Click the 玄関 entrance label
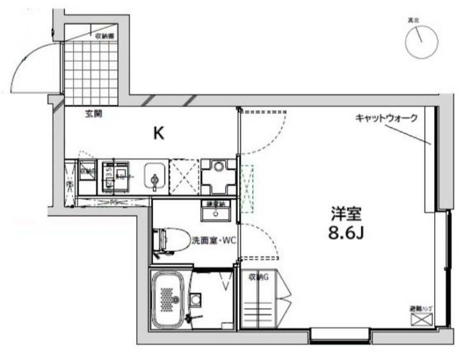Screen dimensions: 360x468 [93, 115]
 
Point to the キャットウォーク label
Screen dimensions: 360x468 [387, 118]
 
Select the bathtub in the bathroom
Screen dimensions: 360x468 [168, 299]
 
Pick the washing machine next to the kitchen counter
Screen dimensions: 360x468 [219, 175]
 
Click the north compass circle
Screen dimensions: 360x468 [421, 40]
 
